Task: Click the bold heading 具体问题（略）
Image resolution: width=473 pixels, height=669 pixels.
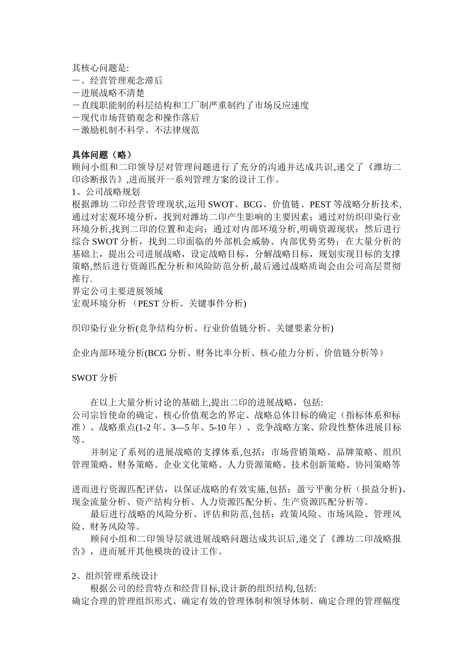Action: [x=102, y=155]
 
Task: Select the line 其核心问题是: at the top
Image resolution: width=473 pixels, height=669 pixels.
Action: [x=100, y=68]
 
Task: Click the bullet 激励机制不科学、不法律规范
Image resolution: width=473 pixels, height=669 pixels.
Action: [x=135, y=130]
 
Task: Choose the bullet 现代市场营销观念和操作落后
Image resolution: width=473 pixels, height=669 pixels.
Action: [x=135, y=117]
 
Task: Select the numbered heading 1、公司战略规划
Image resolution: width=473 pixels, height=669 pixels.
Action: [x=106, y=192]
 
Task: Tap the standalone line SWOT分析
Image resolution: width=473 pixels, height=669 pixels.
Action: [x=95, y=378]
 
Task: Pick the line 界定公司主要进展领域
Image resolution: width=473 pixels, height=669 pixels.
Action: [x=118, y=291]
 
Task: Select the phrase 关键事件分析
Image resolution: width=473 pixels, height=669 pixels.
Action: [x=218, y=303]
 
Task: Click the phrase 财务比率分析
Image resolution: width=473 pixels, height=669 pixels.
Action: [x=228, y=353]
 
